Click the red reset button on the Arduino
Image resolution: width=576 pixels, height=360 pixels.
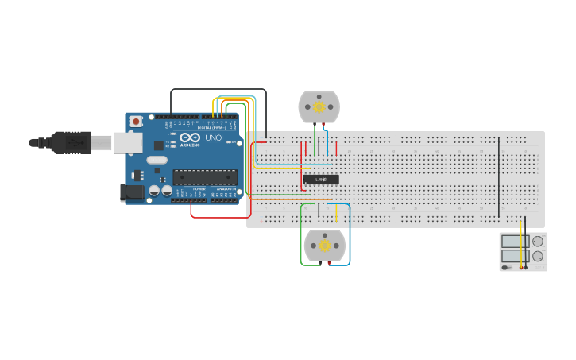136,122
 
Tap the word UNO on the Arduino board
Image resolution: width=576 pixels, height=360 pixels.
213,137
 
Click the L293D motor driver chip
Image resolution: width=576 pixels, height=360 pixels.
321,180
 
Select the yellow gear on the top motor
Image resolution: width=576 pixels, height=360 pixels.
319,106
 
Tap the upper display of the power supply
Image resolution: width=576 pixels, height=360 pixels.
515,242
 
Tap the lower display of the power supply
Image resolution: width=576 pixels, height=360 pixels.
515,256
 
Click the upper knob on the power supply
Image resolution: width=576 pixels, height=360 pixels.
538,242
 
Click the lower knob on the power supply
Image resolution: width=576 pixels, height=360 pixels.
538,256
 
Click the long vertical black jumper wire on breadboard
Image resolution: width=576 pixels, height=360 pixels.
499,176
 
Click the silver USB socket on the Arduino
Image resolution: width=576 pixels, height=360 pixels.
127,142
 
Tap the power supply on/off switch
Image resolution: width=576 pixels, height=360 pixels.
506,268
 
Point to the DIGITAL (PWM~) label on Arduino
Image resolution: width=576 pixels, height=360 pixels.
211,127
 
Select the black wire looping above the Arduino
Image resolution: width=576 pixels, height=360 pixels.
218,90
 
